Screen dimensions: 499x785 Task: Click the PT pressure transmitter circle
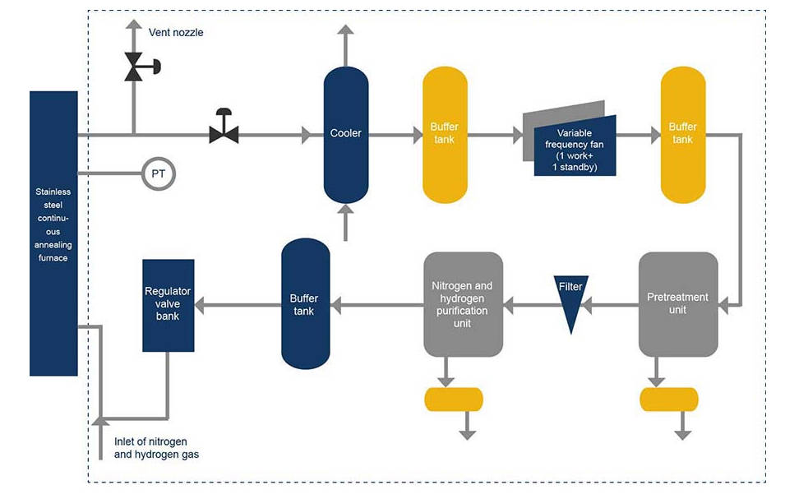point(158,174)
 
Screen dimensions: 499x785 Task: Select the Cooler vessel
point(345,134)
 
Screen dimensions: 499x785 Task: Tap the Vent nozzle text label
point(176,33)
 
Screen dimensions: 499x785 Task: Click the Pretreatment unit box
point(678,304)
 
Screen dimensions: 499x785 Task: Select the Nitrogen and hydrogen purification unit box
point(463,304)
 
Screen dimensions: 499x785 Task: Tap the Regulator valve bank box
point(169,305)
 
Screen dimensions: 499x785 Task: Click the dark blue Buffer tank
point(305,304)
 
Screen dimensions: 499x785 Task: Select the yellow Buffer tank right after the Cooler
point(445,134)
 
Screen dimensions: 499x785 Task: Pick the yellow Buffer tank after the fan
point(682,134)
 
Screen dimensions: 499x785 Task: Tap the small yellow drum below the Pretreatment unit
point(668,400)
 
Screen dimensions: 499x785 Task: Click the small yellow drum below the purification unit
point(453,400)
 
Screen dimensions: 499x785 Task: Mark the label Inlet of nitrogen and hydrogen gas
point(156,448)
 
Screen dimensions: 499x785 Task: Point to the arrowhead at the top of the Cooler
point(345,31)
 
